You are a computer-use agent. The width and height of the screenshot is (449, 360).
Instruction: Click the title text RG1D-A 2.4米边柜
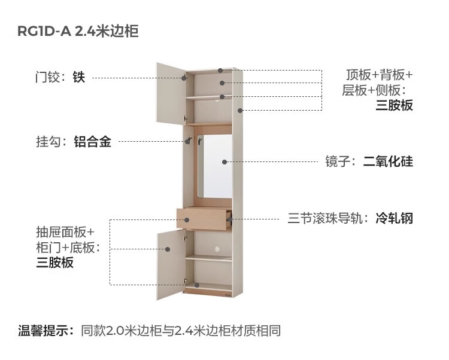tap(78, 32)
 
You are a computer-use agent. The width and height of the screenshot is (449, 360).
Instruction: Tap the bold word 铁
tap(79, 77)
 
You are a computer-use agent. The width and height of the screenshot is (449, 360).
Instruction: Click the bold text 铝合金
tap(92, 142)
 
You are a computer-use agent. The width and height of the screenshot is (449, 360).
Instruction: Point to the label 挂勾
tap(49, 142)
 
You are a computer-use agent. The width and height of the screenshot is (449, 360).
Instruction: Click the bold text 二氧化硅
tap(388, 161)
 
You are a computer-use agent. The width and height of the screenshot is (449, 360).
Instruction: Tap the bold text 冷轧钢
tap(395, 218)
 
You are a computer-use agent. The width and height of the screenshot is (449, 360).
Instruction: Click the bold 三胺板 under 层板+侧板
tap(395, 105)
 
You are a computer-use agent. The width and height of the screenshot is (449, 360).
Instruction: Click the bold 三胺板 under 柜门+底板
tap(55, 262)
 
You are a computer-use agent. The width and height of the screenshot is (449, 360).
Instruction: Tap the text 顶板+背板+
tap(380, 75)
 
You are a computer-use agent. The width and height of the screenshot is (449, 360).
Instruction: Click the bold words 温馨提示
tap(45, 330)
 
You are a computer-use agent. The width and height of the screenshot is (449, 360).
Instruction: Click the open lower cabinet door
tap(170, 263)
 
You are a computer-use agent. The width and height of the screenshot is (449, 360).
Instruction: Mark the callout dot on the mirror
tap(224, 161)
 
